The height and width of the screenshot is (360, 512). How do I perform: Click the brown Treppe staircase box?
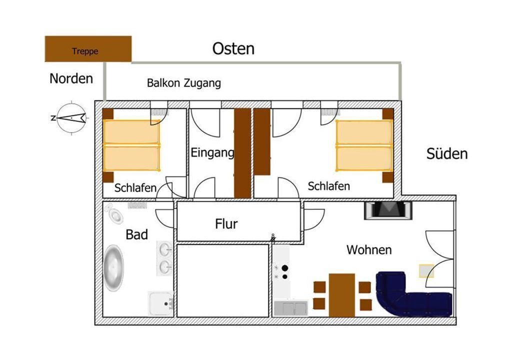pos(88,49)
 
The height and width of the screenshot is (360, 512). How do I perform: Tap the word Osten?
pos(233,48)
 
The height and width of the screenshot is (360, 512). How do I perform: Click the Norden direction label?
pos(71,78)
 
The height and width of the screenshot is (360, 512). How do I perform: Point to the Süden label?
pos(446,153)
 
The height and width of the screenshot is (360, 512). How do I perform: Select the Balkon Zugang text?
pos(184,83)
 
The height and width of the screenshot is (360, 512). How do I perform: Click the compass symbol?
pos(71,118)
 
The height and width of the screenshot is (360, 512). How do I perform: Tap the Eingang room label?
pos(212,153)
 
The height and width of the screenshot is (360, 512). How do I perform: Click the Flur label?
pos(226,224)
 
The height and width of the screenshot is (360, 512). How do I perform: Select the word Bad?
pos(137,234)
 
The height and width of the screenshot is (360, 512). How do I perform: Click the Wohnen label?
pos(369,250)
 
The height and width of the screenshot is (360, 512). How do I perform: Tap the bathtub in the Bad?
pos(113,268)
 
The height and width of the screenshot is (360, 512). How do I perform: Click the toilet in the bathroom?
pos(113,213)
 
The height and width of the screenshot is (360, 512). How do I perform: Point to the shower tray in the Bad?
pos(160,303)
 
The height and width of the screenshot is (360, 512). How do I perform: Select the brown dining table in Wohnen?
pos(342,295)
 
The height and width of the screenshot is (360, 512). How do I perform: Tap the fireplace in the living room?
pos(388,210)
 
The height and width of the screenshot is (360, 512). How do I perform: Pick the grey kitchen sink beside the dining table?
pos(290,308)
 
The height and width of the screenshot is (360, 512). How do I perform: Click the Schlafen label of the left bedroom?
pos(135,188)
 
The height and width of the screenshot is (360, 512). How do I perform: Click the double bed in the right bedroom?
pos(364,145)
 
